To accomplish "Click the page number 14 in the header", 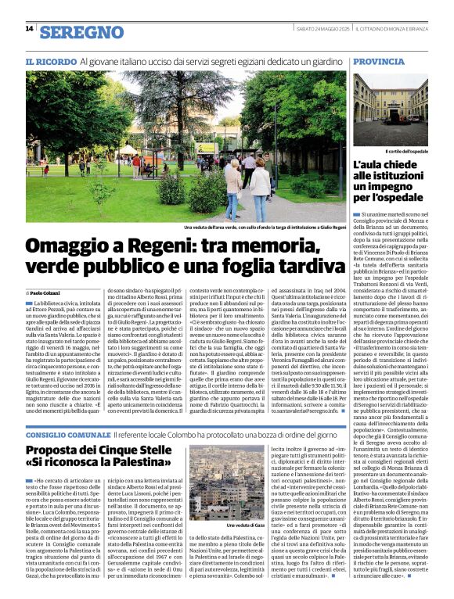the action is [x=29, y=28].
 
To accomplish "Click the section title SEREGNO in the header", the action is [x=82, y=32].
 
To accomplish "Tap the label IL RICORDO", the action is [x=50, y=61].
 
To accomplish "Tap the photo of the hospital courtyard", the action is [x=390, y=110].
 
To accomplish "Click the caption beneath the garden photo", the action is [x=259, y=228].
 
